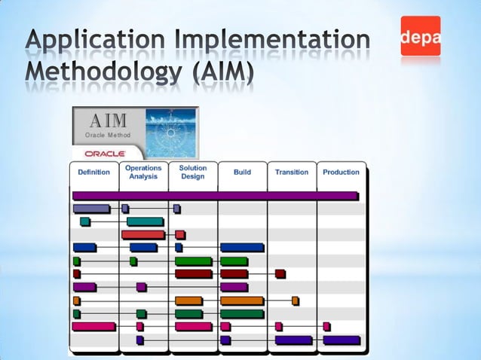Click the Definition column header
point(94,172)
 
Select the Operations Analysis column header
point(143,172)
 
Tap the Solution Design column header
point(193,172)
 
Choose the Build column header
point(242,172)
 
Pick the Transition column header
point(292,172)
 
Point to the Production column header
point(341,172)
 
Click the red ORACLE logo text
point(99,154)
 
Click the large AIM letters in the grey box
point(109,121)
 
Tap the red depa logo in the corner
point(421,36)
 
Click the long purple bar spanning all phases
point(216,196)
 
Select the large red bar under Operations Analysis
point(142,234)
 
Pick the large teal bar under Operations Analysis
point(145,221)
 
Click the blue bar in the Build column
point(242,247)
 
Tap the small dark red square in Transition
point(280,273)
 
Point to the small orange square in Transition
point(296,301)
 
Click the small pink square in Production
point(326,326)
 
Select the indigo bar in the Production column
point(342,340)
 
